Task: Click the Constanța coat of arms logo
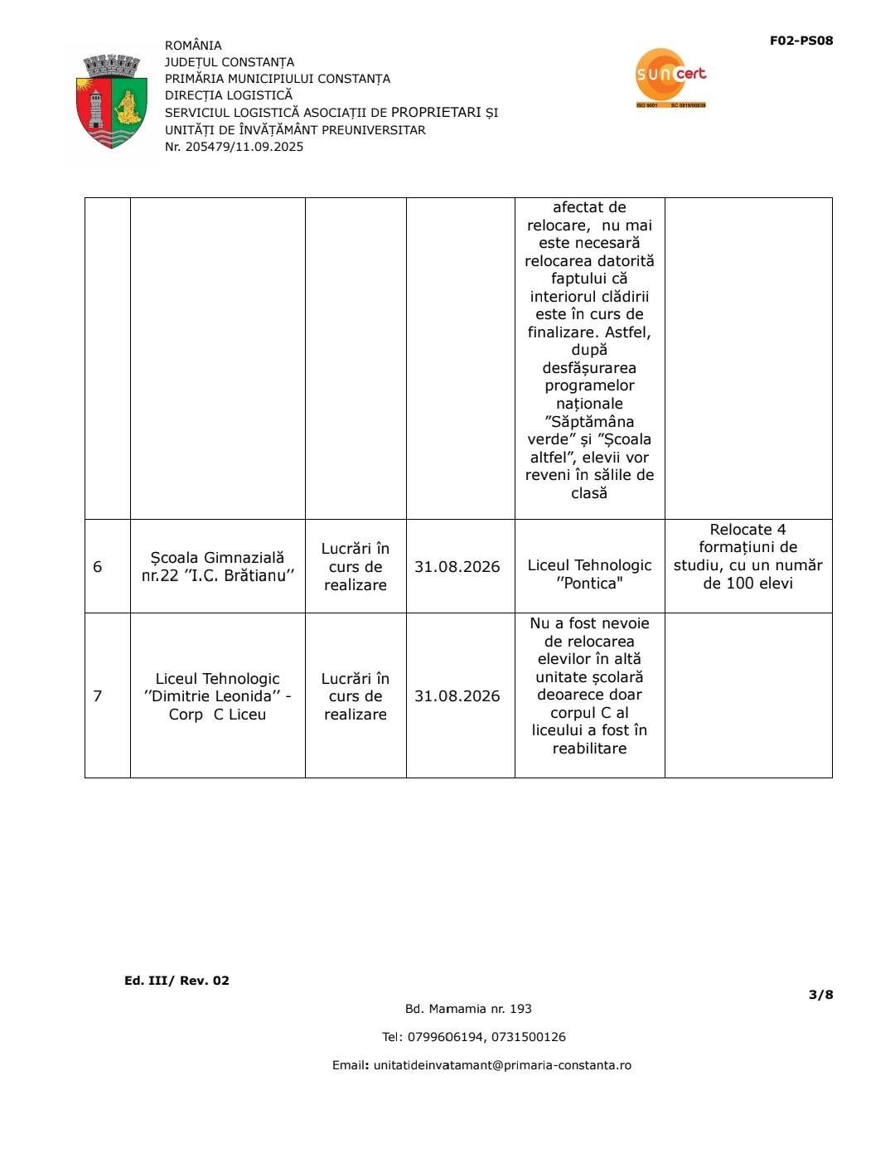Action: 111,101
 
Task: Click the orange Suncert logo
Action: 670,77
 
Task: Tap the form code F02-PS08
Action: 801,41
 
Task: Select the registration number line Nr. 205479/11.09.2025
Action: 234,147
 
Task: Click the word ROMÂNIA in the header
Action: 193,46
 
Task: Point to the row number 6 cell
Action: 98,567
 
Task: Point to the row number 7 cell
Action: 98,695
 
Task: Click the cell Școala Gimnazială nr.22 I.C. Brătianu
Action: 217,567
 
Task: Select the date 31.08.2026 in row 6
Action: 457,567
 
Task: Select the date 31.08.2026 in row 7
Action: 457,695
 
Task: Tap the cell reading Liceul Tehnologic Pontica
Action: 589,574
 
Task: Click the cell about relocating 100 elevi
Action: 747,556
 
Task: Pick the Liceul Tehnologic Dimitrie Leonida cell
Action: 217,696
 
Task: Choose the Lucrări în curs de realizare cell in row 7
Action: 356,696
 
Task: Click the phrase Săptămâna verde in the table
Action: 589,430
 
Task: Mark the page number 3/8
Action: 820,995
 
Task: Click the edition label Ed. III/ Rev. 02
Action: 177,981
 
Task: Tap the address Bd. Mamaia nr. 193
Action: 468,1009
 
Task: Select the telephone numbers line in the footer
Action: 473,1037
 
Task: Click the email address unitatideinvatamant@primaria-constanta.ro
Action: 502,1065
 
